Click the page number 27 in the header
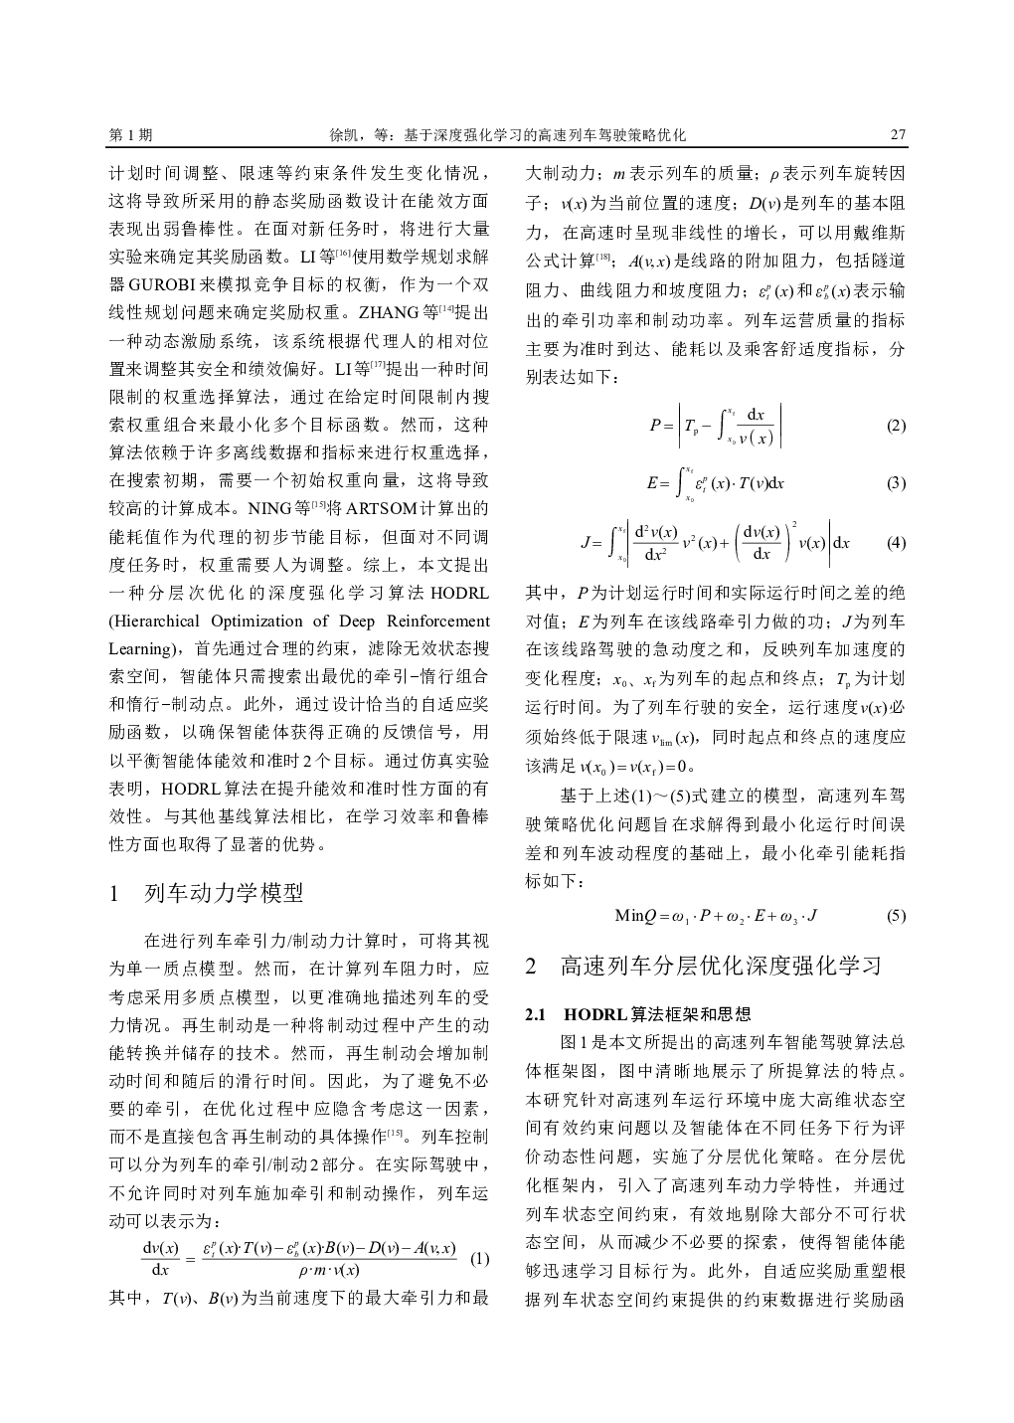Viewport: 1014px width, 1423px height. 897,134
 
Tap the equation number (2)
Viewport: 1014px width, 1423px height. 896,426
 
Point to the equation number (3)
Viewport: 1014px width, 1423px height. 896,483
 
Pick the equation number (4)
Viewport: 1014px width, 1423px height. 896,543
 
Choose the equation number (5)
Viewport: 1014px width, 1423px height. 896,916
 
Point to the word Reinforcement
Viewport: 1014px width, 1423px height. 436,622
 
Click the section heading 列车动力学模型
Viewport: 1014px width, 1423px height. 224,892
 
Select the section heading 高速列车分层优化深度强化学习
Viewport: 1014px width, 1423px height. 721,966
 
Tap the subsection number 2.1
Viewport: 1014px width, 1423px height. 537,1014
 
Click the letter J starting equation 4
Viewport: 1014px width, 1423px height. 585,543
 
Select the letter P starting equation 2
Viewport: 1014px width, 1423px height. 654,426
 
